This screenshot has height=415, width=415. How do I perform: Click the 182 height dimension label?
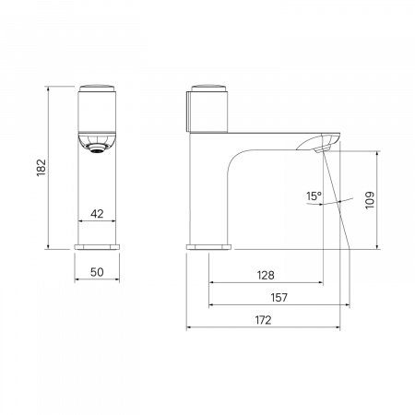[x=41, y=168]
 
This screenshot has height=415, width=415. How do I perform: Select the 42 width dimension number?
[x=97, y=214]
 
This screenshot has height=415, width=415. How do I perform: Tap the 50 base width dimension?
[x=97, y=272]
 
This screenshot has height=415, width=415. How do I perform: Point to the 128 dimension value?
[x=266, y=275]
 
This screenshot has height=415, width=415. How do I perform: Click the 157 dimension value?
[x=279, y=298]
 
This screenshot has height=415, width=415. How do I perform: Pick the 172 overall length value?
[x=264, y=320]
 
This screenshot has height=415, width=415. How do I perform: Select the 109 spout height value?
[x=370, y=200]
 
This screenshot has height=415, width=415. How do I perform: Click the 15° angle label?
[x=314, y=196]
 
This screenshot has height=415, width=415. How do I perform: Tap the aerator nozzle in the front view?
[x=97, y=148]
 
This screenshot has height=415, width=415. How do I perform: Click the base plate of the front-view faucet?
[x=97, y=247]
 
